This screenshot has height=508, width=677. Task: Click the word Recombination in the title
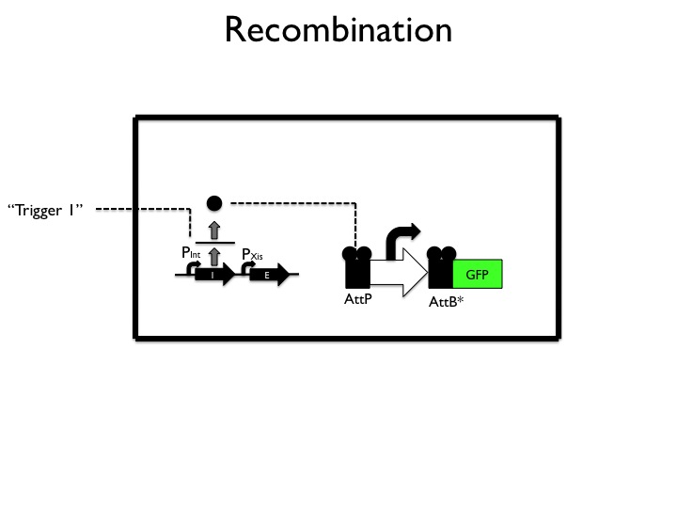pos(338,30)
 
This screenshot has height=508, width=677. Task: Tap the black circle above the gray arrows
pos(214,202)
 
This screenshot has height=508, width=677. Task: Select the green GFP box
pos(478,275)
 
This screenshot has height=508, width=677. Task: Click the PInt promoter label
pos(191,252)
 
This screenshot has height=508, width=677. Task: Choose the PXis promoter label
pos(252,254)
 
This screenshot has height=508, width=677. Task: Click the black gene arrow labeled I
pos(214,276)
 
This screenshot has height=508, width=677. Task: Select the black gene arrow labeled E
pos(269,276)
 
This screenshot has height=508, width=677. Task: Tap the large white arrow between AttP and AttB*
pos(399,275)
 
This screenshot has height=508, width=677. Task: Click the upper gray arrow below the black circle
pos(214,229)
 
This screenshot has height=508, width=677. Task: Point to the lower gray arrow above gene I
pos(214,255)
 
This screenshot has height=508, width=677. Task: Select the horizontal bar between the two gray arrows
pos(214,242)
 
